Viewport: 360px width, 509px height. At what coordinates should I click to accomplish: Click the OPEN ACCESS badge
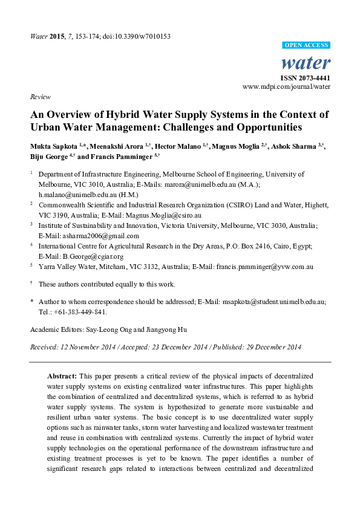click(307, 45)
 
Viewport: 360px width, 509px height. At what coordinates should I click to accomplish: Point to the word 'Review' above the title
click(39, 97)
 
